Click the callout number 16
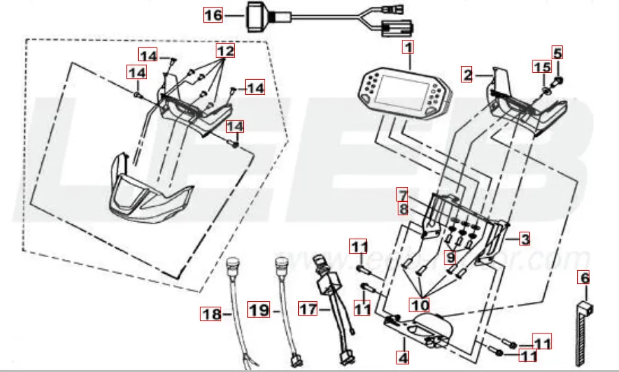click(x=214, y=14)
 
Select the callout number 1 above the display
click(x=408, y=48)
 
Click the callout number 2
click(x=467, y=75)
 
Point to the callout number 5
click(x=557, y=52)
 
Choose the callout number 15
click(x=542, y=67)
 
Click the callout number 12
click(x=225, y=52)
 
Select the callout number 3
click(x=524, y=239)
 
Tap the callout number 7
click(x=402, y=194)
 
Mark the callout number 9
click(x=450, y=257)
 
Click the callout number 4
click(x=403, y=357)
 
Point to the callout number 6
click(x=584, y=278)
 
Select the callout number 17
click(x=307, y=310)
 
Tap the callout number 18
click(x=211, y=314)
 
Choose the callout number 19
click(x=258, y=310)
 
